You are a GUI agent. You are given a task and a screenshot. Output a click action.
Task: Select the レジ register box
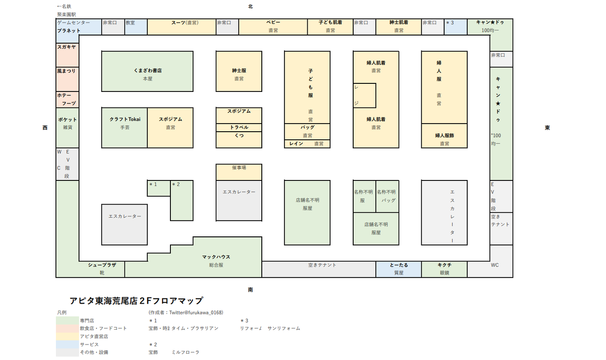click(364, 95)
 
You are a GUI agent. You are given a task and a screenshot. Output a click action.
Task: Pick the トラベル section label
click(239, 127)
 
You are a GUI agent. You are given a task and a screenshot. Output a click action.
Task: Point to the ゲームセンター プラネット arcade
click(79, 27)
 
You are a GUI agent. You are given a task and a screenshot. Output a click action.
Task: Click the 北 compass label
click(250, 7)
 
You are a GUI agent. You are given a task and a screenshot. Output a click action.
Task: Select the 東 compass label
click(547, 128)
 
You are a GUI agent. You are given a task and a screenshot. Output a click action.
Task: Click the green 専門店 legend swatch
click(67, 321)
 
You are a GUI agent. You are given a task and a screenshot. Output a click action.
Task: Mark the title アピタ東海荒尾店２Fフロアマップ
click(136, 301)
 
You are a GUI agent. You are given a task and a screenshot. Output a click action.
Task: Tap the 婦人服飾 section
click(444, 136)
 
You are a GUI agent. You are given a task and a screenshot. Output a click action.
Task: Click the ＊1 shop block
click(158, 188)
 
